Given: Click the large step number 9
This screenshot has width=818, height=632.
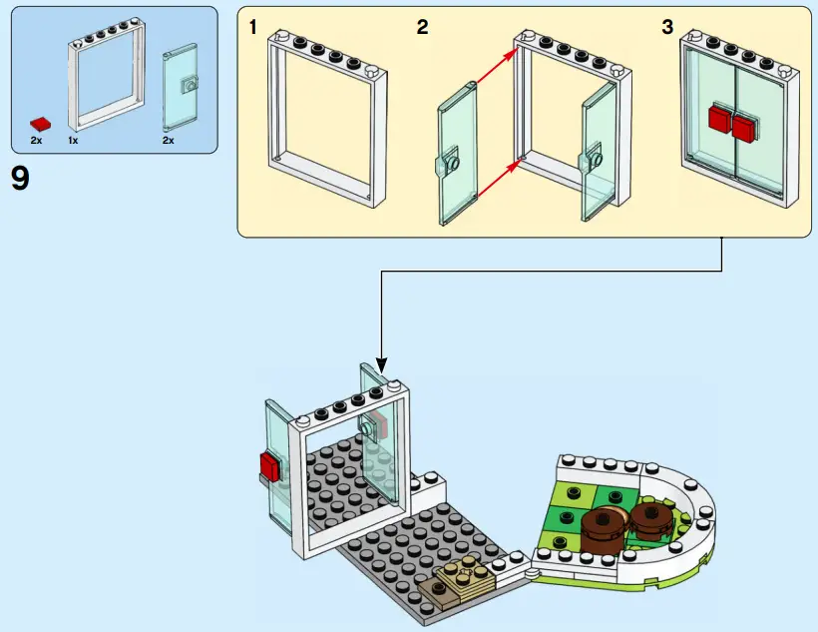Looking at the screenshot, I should (20, 180).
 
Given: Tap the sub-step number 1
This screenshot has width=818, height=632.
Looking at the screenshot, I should (253, 28).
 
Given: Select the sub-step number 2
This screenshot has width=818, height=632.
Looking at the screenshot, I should (423, 28).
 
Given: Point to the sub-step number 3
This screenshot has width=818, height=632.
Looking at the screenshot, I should (667, 28).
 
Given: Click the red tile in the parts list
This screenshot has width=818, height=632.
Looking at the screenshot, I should (41, 123).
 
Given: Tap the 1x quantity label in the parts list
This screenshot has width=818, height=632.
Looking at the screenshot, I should (74, 141).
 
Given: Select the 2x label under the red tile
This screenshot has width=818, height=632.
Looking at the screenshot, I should (36, 141).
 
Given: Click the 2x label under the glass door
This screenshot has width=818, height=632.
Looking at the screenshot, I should (169, 141).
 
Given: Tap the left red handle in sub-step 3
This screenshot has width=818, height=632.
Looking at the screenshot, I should (719, 119).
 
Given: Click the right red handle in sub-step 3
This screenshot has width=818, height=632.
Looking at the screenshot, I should (744, 127).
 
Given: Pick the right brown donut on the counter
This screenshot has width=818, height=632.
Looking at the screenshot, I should (649, 516).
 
